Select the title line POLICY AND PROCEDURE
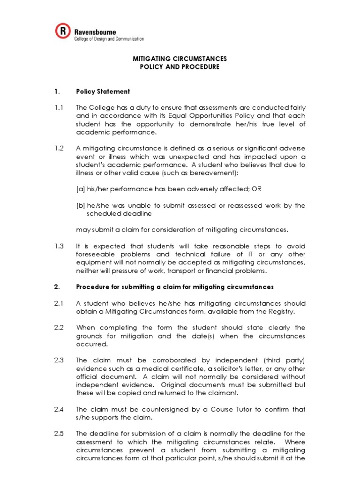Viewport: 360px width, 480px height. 180,67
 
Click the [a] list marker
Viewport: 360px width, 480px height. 81,189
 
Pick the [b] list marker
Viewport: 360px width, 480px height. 81,205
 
